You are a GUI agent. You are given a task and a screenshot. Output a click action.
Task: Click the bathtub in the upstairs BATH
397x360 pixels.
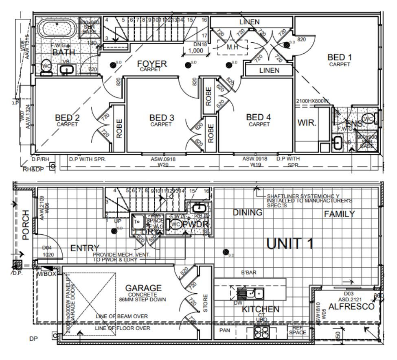[x=56, y=30]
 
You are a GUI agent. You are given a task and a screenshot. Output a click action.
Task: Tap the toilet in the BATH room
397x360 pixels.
[x=46, y=68]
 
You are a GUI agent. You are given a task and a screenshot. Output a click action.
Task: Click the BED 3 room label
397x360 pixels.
[x=161, y=118]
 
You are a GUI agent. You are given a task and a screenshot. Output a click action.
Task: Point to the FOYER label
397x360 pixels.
[x=151, y=64]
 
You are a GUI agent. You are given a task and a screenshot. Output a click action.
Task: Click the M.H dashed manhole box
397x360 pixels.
[x=232, y=47]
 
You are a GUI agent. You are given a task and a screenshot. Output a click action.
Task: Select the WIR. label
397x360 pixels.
[x=307, y=123]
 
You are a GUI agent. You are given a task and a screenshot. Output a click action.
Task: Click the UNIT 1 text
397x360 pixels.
[x=290, y=243]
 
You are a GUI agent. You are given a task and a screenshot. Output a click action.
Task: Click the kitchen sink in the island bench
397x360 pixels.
[x=254, y=292]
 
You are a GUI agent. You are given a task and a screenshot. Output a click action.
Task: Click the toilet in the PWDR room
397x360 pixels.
[x=175, y=225]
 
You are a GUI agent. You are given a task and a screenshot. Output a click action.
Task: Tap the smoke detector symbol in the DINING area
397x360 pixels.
[x=225, y=252]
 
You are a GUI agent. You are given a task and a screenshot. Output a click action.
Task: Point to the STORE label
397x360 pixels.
[x=205, y=303]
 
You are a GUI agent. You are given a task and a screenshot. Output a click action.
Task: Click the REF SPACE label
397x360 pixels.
[x=297, y=330]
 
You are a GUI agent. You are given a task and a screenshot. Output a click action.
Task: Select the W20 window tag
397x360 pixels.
[x=163, y=165]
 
